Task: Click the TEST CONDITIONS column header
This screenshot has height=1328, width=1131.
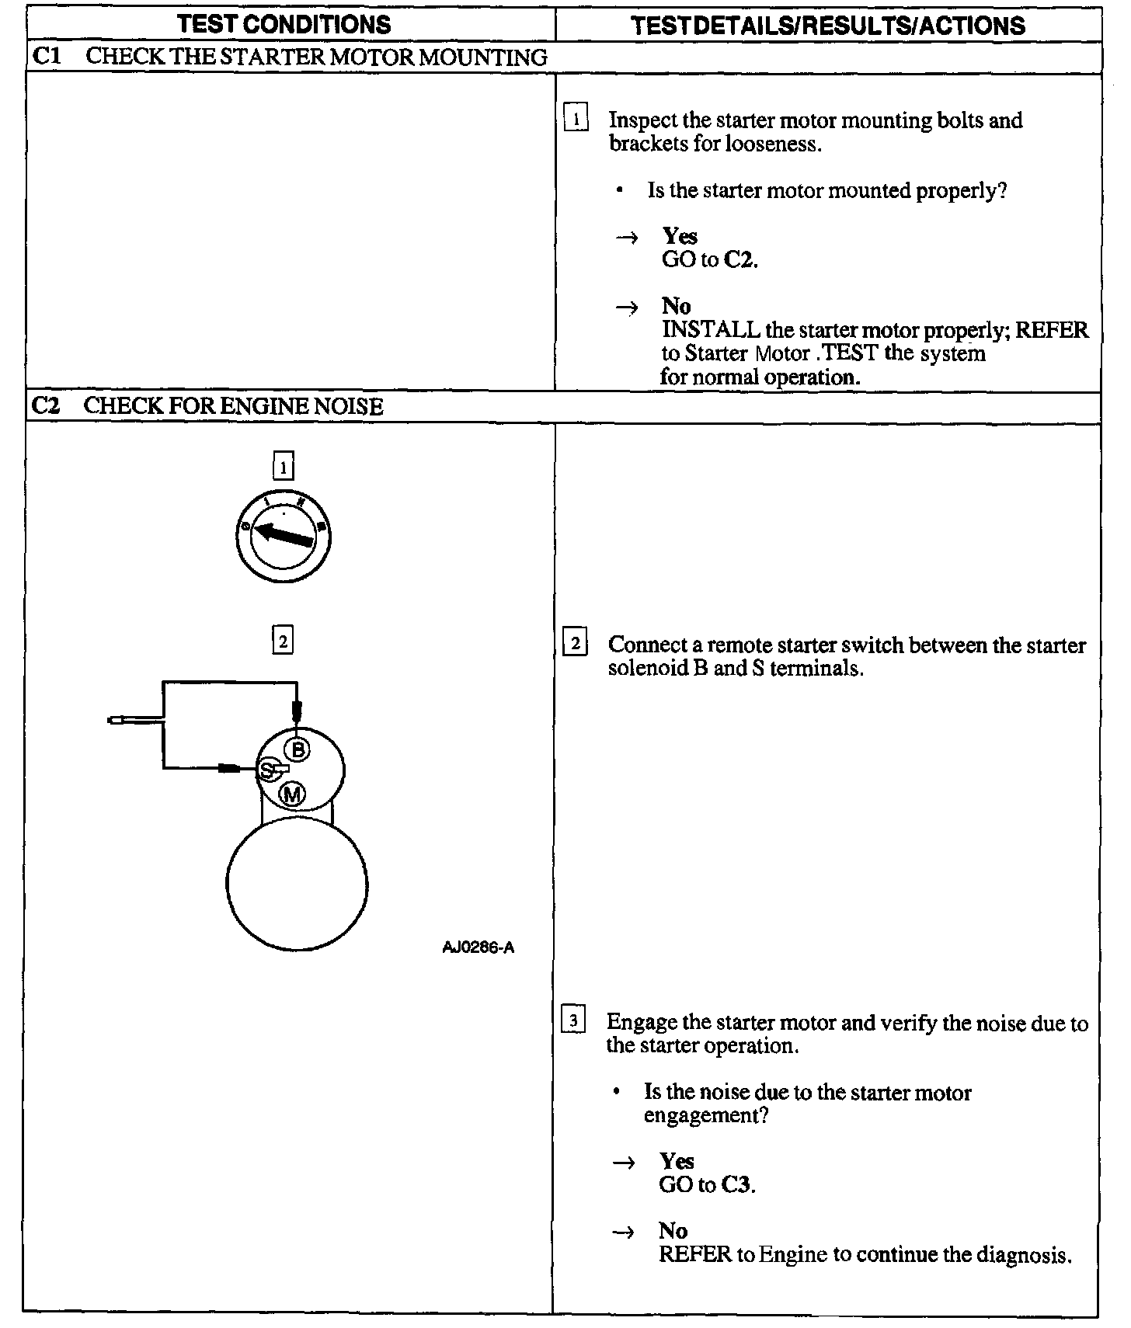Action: pyautogui.click(x=284, y=24)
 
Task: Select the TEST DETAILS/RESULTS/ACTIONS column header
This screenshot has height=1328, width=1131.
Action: pyautogui.click(x=827, y=26)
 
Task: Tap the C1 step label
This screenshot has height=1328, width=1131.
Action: pyautogui.click(x=47, y=57)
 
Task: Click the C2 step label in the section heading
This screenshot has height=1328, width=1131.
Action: pyautogui.click(x=46, y=405)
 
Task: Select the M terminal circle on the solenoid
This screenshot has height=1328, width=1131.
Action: pyautogui.click(x=292, y=794)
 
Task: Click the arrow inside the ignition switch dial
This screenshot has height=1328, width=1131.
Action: pyautogui.click(x=284, y=534)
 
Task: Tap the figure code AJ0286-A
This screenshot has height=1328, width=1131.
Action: pyautogui.click(x=478, y=947)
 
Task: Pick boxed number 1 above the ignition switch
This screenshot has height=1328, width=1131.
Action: pyautogui.click(x=284, y=467)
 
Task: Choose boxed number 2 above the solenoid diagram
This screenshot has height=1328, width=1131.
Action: pyautogui.click(x=284, y=641)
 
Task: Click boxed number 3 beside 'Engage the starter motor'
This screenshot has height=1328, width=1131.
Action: pyautogui.click(x=573, y=1020)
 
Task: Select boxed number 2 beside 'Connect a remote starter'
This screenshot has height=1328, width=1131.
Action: pyautogui.click(x=575, y=644)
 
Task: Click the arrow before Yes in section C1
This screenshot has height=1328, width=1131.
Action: pyautogui.click(x=626, y=238)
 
